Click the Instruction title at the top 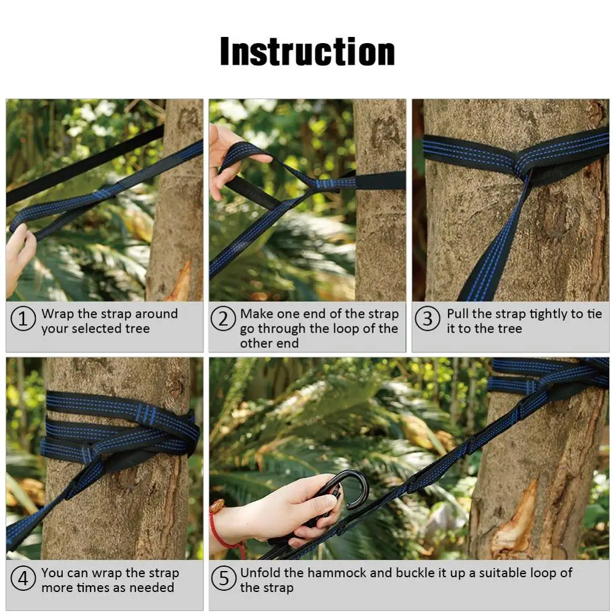click(307, 52)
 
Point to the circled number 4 click(23, 580)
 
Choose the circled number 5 click(223, 580)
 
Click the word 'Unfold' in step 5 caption click(261, 573)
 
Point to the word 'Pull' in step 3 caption click(458, 314)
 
